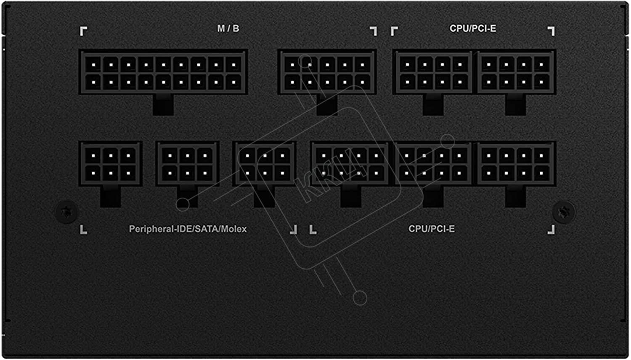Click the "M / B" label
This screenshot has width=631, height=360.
[228, 29]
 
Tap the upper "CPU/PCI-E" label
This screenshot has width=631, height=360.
[473, 29]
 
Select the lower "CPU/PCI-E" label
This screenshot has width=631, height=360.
[432, 229]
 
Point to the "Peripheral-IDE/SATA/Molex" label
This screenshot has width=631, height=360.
[188, 229]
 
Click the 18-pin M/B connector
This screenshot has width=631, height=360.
[163, 73]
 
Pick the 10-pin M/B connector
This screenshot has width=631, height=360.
[327, 73]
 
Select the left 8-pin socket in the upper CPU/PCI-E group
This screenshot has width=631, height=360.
[433, 73]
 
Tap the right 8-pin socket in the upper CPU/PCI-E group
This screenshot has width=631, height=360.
[516, 73]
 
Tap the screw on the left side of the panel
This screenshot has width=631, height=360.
[66, 212]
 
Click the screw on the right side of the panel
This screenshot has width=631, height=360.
[564, 212]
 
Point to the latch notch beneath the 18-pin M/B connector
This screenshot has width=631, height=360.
[163, 104]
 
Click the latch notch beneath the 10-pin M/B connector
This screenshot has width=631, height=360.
[327, 104]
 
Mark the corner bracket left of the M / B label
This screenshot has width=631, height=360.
[84, 31]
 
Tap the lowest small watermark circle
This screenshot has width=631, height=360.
[360, 298]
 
